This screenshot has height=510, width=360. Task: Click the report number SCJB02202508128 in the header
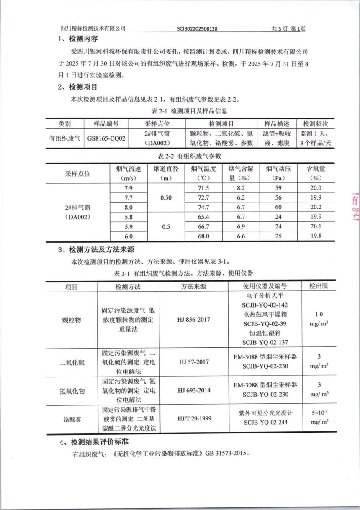point(197,29)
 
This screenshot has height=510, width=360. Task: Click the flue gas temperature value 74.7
point(203,208)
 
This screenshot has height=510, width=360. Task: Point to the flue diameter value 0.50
point(166,198)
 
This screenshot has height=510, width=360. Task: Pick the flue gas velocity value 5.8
point(129,217)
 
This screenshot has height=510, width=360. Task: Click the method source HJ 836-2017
point(193,320)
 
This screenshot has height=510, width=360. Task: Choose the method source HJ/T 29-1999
point(193,418)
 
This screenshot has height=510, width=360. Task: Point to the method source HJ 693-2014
point(193,391)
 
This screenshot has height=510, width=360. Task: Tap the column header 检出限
point(318,286)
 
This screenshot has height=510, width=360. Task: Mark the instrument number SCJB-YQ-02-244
point(265,423)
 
